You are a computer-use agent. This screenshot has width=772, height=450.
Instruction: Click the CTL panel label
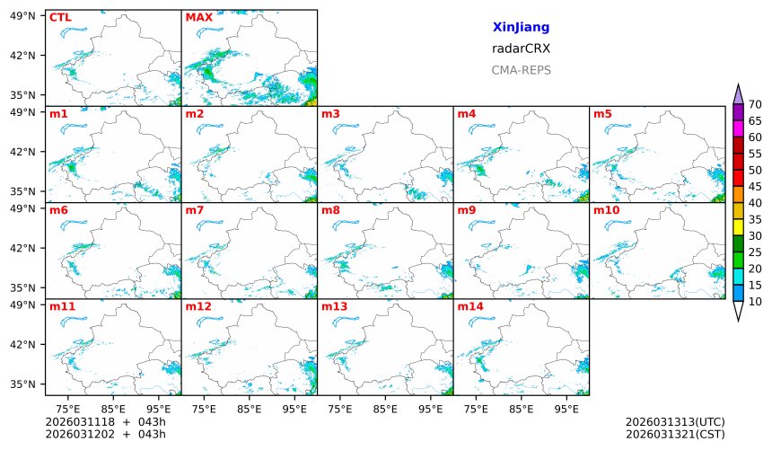[x=60, y=17]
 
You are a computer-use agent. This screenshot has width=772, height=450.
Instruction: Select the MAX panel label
[x=198, y=17]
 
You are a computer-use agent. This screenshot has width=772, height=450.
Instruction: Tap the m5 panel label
[x=602, y=114]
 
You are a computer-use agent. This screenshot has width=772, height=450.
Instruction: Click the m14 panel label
[x=469, y=306]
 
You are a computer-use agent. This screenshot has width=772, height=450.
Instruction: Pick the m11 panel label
[x=62, y=306]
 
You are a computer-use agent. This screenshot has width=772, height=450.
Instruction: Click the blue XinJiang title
[x=521, y=28]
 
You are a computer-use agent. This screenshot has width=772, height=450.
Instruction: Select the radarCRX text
[x=521, y=49]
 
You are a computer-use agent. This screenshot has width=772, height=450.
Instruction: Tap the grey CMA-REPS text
[x=521, y=70]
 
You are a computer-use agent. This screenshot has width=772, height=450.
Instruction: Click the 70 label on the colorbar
[x=755, y=105]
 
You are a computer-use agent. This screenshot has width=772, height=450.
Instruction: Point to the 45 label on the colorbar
[x=755, y=187]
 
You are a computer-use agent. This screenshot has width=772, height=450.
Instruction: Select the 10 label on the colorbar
[x=755, y=302]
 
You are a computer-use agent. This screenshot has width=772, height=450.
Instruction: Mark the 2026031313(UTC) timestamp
[x=675, y=422]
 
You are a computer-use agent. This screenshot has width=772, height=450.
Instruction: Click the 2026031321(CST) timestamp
[x=675, y=435]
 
